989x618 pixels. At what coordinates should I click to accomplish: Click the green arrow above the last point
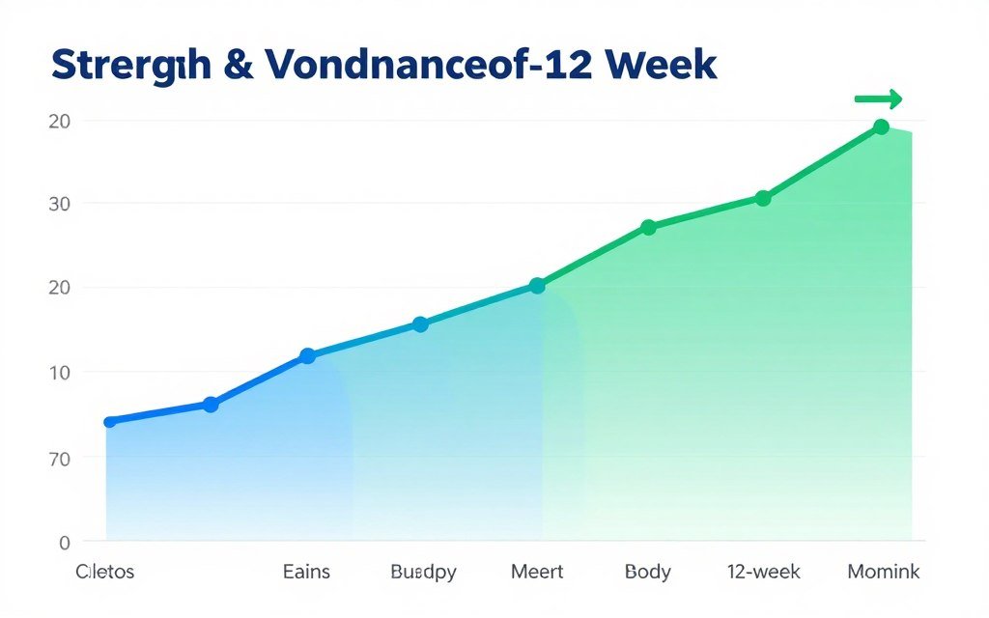tap(878, 98)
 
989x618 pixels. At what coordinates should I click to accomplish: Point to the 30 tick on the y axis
tap(58, 204)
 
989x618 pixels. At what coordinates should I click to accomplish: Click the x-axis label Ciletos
tap(105, 572)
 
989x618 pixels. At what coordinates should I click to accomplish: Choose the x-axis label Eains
tap(306, 572)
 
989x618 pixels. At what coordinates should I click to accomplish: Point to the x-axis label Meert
tap(537, 572)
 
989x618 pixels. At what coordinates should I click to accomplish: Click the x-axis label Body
tap(648, 572)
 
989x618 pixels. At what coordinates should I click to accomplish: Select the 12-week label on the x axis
tap(763, 572)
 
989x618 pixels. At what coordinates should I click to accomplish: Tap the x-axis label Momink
tap(883, 572)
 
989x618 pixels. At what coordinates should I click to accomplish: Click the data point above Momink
tap(881, 126)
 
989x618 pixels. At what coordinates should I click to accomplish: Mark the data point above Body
tap(648, 227)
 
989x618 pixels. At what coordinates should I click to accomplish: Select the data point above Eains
tap(307, 355)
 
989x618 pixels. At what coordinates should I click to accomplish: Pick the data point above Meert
tap(537, 286)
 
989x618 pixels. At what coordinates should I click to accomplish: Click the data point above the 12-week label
tap(763, 198)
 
